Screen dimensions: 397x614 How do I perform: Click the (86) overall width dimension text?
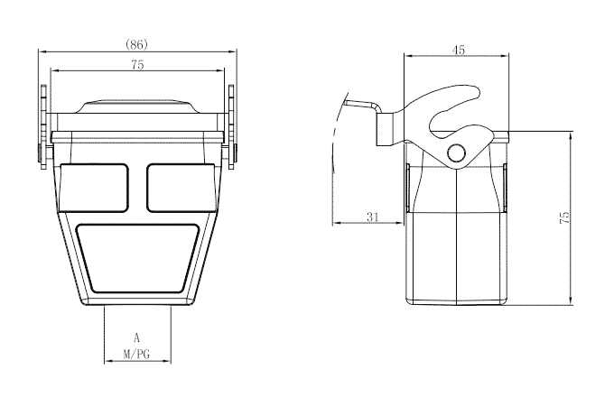pos(136,43)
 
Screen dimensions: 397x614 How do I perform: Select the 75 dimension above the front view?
pos(137,65)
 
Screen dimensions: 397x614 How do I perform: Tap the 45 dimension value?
pos(458,51)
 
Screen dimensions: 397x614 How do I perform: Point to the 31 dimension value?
pos(373,217)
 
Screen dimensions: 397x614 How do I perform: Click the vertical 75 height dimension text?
pos(564,217)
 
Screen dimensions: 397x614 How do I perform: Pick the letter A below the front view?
pos(137,337)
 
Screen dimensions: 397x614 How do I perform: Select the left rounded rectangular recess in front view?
pos(94,185)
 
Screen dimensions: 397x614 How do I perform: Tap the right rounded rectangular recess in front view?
pos(181,185)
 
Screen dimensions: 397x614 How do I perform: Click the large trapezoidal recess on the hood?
pos(137,257)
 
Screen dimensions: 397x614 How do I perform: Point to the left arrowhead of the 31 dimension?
pos(335,223)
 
